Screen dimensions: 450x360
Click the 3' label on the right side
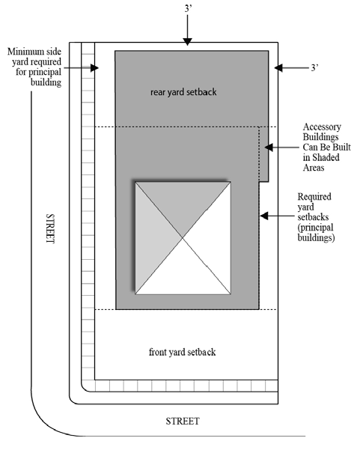pyautogui.click(x=314, y=68)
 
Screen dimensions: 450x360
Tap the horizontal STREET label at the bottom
pyautogui.click(x=182, y=421)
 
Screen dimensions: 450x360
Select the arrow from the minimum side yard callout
pyautogui.click(x=82, y=67)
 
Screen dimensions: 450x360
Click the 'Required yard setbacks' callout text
pyautogui.click(x=317, y=216)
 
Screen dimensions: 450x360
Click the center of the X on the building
pyautogui.click(x=182, y=237)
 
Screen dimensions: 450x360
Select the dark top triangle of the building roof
pyautogui.click(x=182, y=206)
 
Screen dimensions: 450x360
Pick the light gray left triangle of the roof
pyautogui.click(x=153, y=237)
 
